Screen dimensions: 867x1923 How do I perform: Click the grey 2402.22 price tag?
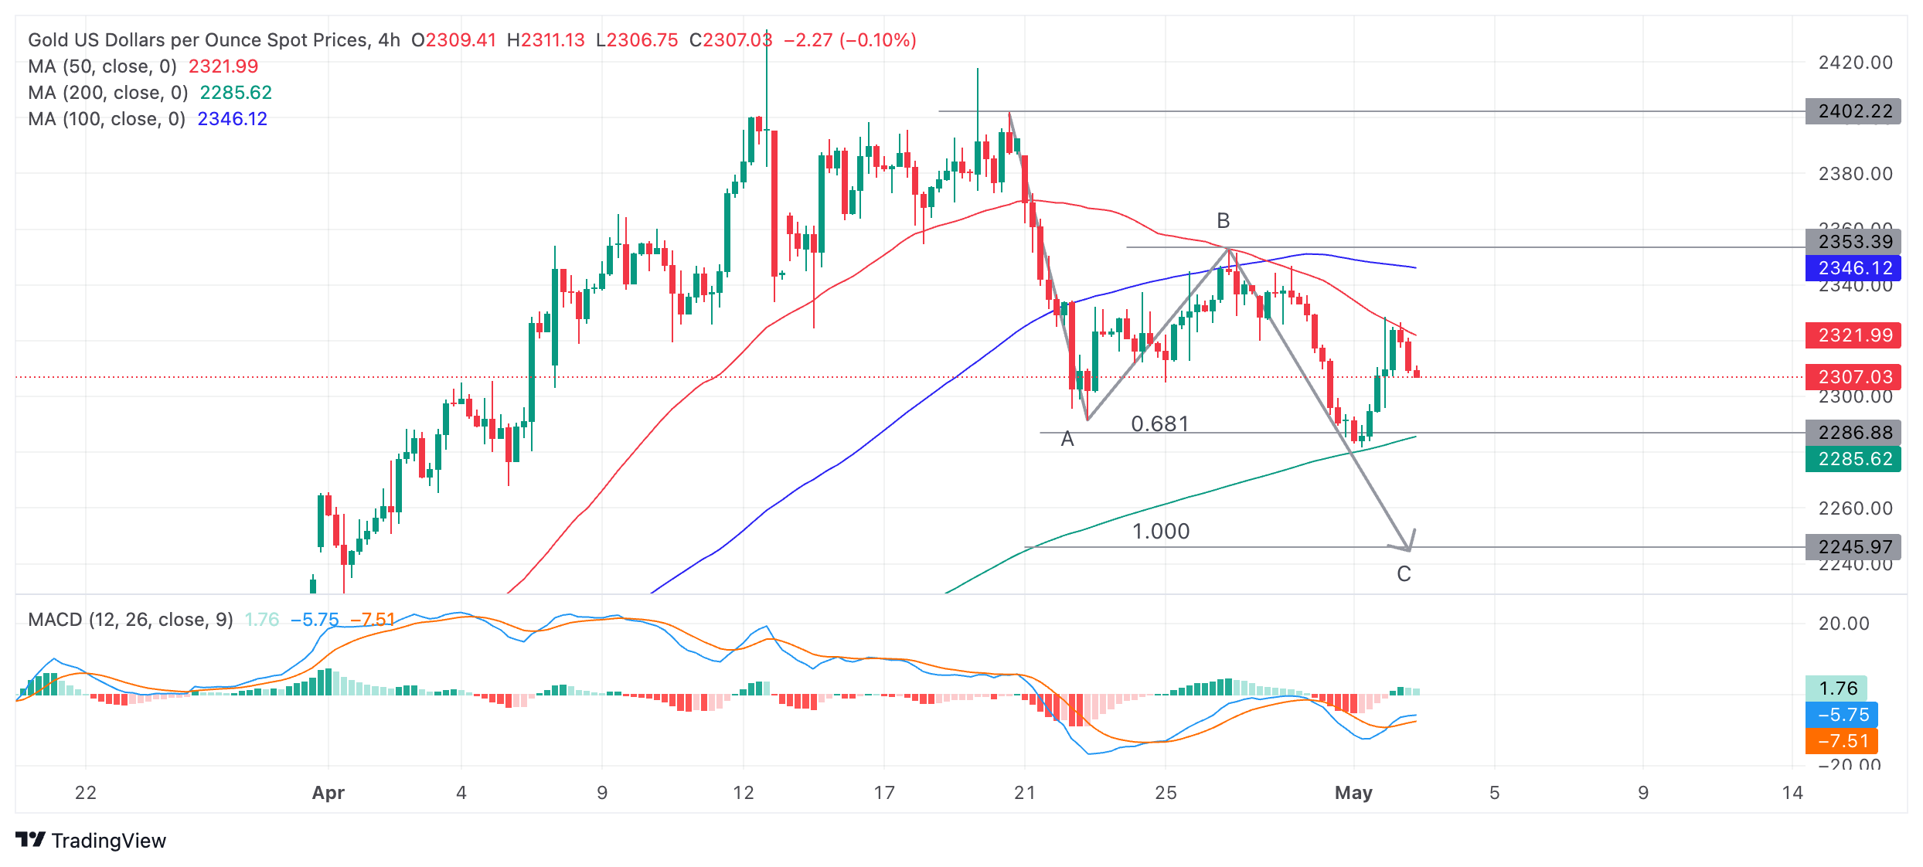click(x=1853, y=111)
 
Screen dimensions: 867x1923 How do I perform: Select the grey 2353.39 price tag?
click(x=1853, y=242)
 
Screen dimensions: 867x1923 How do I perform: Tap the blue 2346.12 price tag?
click(x=1853, y=268)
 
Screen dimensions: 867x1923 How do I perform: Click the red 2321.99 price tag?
click(x=1853, y=335)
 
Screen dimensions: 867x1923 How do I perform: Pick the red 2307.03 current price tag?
click(x=1853, y=377)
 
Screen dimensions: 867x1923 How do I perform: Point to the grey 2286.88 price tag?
click(x=1853, y=433)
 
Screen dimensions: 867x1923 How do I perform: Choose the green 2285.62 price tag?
click(x=1853, y=459)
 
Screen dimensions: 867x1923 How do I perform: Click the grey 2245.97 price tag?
click(x=1853, y=547)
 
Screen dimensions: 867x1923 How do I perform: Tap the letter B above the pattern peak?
click(x=1223, y=221)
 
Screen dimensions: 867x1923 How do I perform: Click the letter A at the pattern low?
click(x=1067, y=439)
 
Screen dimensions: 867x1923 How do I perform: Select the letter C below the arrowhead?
click(x=1404, y=574)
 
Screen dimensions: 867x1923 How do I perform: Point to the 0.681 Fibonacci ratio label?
click(x=1159, y=423)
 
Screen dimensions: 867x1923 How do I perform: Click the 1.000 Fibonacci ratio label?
click(x=1160, y=531)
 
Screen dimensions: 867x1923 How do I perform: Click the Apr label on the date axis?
click(x=328, y=793)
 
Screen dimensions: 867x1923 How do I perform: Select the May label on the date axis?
click(x=1353, y=793)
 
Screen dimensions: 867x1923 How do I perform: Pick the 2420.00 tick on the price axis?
click(x=1855, y=63)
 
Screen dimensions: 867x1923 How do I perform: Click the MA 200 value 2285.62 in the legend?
click(x=236, y=93)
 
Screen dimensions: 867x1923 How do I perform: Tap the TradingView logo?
click(x=90, y=840)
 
